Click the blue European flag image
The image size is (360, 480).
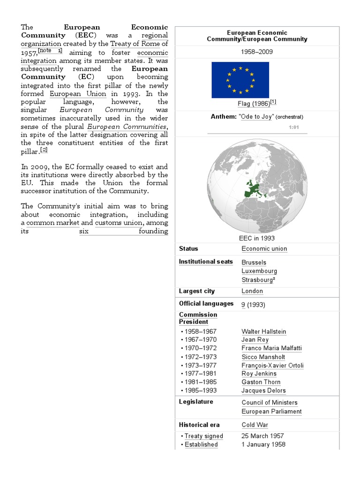pos(240,80)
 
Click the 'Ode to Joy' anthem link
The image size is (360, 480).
pos(256,117)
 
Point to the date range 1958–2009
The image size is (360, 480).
pos(257,52)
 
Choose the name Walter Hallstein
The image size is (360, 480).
pos(263,331)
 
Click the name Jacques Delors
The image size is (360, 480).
pos(263,390)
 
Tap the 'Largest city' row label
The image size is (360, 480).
pos(197,291)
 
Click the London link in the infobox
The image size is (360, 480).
pos(252,291)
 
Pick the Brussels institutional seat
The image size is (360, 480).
pos(254,262)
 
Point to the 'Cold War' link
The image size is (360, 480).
pos(255,425)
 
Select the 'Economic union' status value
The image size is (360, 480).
pos(264,249)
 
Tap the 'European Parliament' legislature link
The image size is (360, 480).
pos(271,412)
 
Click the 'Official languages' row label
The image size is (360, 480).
pos(206,304)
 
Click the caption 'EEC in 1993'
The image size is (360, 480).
pos(257,238)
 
